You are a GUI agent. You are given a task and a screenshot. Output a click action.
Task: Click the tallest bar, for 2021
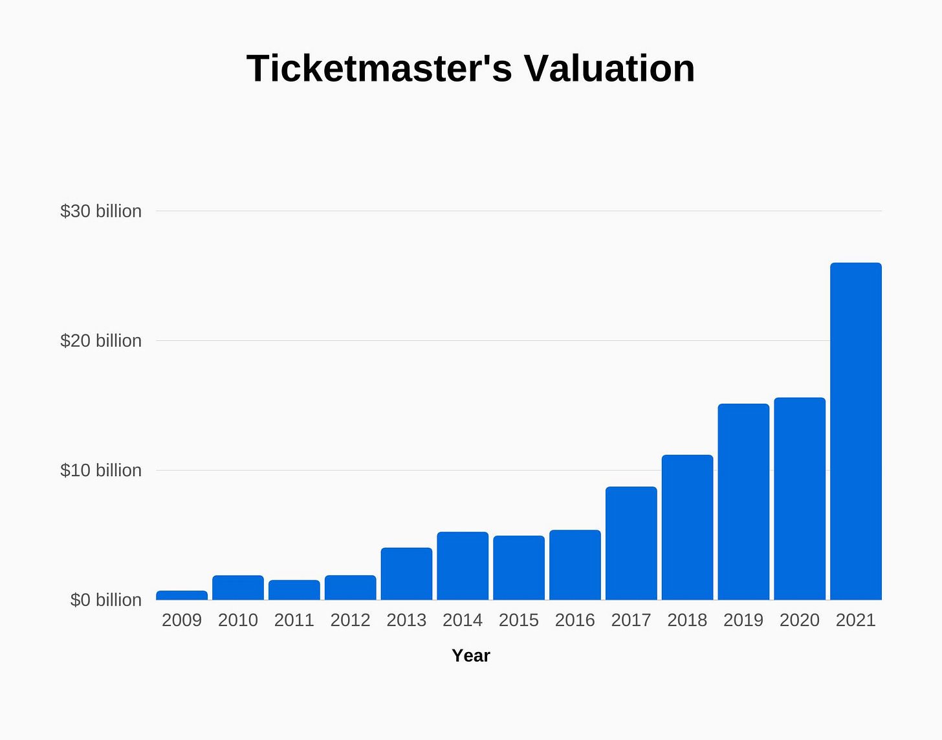pyautogui.click(x=855, y=431)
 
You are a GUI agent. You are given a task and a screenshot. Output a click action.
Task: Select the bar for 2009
pyautogui.click(x=182, y=595)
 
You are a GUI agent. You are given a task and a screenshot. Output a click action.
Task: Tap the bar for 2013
pyautogui.click(x=406, y=574)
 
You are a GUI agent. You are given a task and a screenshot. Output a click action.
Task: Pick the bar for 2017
pyautogui.click(x=631, y=543)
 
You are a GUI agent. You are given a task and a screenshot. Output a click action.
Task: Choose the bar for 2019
pyautogui.click(x=743, y=502)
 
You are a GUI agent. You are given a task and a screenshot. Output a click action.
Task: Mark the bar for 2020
pyautogui.click(x=800, y=499)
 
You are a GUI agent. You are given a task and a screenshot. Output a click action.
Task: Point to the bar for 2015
pyautogui.click(x=519, y=568)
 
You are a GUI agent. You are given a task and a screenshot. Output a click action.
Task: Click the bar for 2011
pyautogui.click(x=294, y=590)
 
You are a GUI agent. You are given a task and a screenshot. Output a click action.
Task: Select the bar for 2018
pyautogui.click(x=687, y=527)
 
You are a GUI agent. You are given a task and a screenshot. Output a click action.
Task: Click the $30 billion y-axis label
pyautogui.click(x=101, y=212)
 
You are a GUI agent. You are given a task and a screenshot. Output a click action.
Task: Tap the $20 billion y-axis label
pyautogui.click(x=101, y=341)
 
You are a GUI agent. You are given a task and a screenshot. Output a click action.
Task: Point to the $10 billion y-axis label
pyautogui.click(x=101, y=470)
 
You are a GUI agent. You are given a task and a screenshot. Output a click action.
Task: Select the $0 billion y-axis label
pyautogui.click(x=106, y=600)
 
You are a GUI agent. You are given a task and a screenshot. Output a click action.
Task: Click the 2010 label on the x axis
pyautogui.click(x=238, y=620)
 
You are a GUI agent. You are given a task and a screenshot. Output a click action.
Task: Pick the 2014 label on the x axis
pyautogui.click(x=463, y=620)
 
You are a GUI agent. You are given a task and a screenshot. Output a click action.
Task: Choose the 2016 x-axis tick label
pyautogui.click(x=575, y=620)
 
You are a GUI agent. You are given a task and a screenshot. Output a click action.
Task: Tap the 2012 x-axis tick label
pyautogui.click(x=350, y=620)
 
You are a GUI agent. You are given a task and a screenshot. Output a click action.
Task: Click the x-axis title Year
pyautogui.click(x=471, y=656)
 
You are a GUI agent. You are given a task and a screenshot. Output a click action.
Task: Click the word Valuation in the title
pyautogui.click(x=609, y=69)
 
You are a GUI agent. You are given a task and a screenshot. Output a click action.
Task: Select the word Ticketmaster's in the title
pyautogui.click(x=379, y=69)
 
